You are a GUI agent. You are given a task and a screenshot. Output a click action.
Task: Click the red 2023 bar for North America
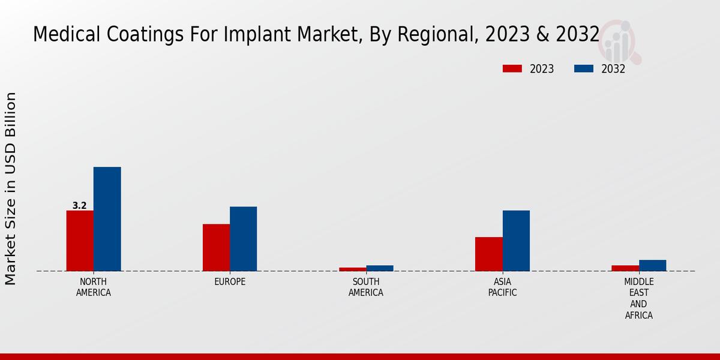coord(80,241)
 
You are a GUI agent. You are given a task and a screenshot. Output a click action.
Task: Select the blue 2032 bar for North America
coord(107,219)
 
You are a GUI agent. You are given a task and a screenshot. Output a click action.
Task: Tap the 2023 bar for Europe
coord(216,247)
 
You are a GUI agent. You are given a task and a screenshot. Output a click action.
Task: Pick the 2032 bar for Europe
coord(243,239)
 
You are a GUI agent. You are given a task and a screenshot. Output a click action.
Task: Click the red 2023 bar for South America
coord(352,269)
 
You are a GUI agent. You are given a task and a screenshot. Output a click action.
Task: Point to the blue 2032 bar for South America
coord(380,268)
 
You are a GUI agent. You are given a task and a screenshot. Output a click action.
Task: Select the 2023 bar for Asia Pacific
coord(488,254)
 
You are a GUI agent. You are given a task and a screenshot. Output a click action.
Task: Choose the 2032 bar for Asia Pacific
coord(516,241)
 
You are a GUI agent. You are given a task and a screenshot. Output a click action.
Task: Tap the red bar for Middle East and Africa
coord(625,268)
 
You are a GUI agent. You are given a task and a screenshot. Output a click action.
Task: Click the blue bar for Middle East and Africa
coord(652,265)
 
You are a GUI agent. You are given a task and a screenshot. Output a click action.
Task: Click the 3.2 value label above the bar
coord(79,206)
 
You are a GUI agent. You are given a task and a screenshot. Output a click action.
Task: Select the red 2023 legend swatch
coord(512,69)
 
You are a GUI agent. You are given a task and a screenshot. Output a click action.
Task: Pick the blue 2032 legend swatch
coord(583,69)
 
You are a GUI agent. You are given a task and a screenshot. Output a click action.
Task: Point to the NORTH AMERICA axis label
coord(93,287)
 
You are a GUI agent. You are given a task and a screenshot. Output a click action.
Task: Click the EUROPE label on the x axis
coord(230,282)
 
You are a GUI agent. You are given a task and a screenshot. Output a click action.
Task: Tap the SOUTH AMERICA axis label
coord(366,287)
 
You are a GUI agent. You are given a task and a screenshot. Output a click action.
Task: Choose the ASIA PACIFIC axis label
coord(502,287)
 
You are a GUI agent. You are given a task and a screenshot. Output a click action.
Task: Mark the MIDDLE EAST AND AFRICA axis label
coord(638,298)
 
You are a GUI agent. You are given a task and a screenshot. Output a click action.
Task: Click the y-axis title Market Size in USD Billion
coord(11,188)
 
